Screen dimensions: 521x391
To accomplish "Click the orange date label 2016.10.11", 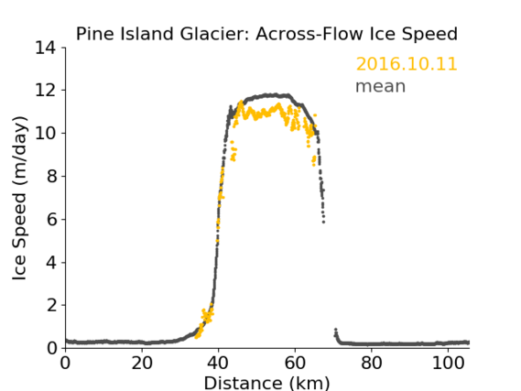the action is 407,64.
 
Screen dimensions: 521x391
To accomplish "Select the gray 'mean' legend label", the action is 381,86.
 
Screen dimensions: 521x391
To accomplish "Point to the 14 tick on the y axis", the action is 46,49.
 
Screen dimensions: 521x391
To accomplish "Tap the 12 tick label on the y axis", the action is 46,91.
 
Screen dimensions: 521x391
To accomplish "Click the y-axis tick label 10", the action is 46,133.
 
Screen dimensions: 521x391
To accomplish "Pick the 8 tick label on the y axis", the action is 51,176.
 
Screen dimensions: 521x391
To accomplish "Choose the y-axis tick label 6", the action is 51,219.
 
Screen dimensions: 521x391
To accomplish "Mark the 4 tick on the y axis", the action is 51,263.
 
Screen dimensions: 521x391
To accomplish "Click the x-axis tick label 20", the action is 142,364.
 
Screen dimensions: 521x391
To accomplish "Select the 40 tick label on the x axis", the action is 218,364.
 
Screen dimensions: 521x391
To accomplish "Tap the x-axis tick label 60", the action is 295,364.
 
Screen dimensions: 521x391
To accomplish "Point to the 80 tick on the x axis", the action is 372,364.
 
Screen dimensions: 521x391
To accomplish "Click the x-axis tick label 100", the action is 448,364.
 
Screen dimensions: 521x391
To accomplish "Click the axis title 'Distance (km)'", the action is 266,383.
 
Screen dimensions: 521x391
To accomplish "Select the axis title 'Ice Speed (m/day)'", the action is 19,198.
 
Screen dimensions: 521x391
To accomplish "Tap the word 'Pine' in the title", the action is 96,34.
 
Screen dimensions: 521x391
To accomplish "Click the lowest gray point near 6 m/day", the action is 323,222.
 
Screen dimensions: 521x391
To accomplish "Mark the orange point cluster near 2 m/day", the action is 207,315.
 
